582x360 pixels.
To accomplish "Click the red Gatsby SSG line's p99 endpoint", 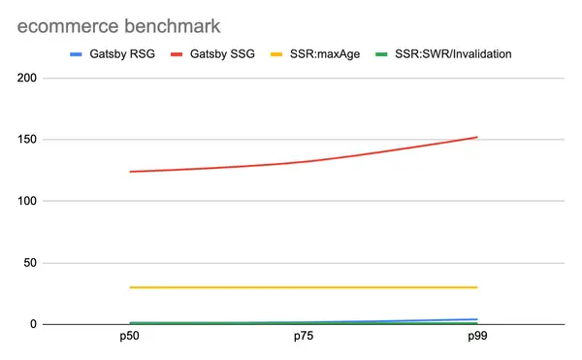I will (x=477, y=137).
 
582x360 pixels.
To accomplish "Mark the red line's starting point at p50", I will (x=129, y=172).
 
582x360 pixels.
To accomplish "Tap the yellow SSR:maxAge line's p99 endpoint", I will (x=477, y=287).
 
